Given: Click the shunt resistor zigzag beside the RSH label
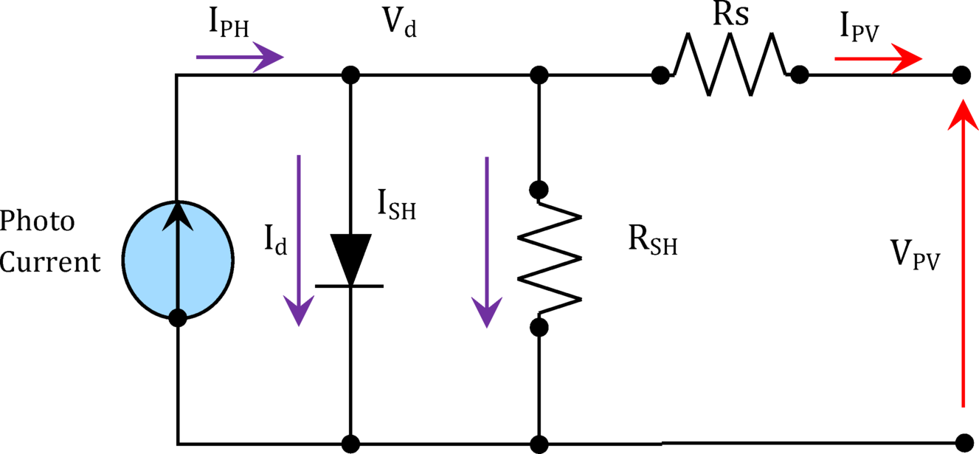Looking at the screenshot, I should pos(549,258).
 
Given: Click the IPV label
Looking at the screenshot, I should pos(859,28).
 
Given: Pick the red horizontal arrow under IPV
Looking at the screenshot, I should pos(878,59).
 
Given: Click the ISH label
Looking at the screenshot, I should pos(397,205).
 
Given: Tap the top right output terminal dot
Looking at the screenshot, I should pos(961,75).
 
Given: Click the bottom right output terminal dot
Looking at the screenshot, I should pos(961,444).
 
